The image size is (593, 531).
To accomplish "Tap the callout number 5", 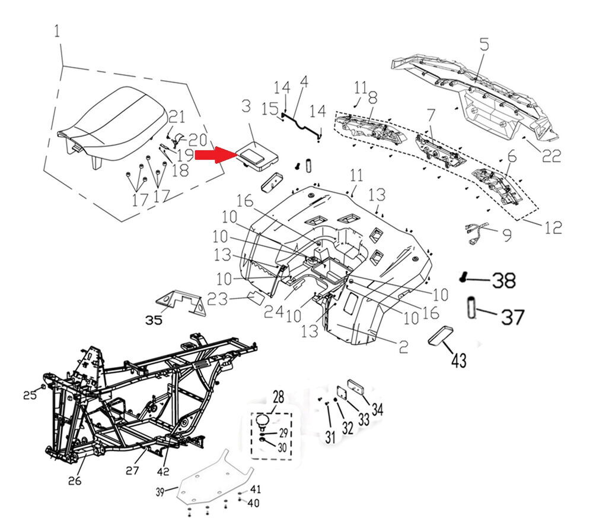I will coord(484,44).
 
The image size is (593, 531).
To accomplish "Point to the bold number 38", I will coord(505,280).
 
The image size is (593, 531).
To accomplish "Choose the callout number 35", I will coord(154,320).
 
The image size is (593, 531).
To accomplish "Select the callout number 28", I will coord(279,396).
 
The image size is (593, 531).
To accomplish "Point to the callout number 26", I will coord(75,480).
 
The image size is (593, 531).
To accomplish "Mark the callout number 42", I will coord(163,472).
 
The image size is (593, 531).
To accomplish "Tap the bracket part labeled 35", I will coord(181,302).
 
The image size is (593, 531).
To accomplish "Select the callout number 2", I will coord(403,347).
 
